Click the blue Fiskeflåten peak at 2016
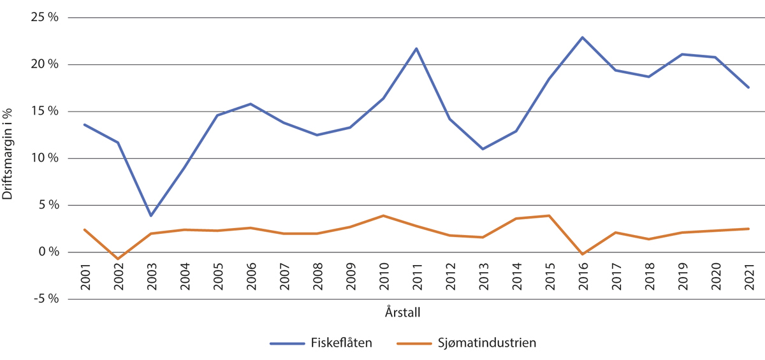[x=582, y=38]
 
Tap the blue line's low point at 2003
[x=151, y=215]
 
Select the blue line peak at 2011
[x=416, y=48]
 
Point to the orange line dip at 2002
[x=118, y=259]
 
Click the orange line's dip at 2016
[x=582, y=254]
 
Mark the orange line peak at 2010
[x=383, y=215]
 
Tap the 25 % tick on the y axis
[x=45, y=17]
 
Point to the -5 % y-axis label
[x=45, y=299]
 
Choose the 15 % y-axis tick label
[x=45, y=112]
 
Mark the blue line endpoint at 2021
[x=748, y=87]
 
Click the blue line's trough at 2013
[x=483, y=149]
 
